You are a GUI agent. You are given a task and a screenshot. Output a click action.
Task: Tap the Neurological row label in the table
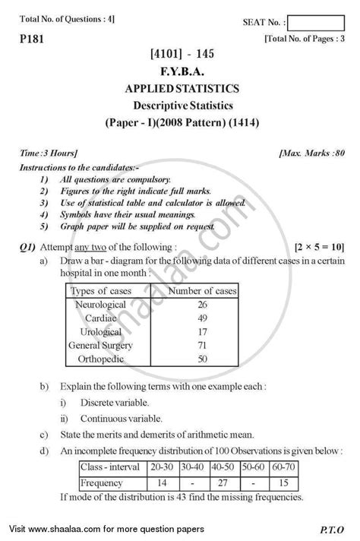[x=102, y=304]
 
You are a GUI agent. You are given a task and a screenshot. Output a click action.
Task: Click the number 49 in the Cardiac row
[x=202, y=318]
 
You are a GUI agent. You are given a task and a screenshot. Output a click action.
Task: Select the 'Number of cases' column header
[x=202, y=290]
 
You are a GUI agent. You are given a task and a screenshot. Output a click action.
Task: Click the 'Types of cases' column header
[x=101, y=290]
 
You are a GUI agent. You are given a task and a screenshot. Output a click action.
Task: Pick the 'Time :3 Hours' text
[x=43, y=153]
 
